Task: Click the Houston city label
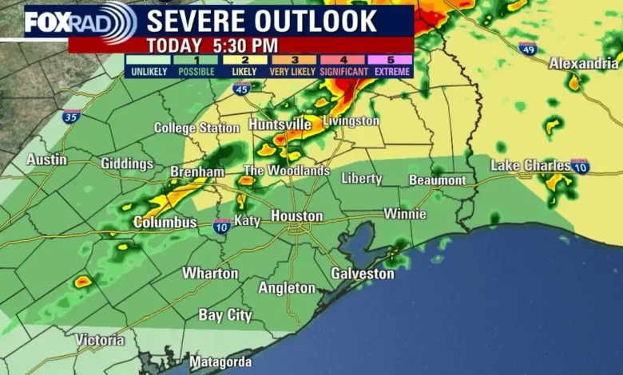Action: (x=297, y=216)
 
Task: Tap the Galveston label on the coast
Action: (x=363, y=274)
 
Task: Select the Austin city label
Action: (x=46, y=160)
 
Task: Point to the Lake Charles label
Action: (x=530, y=165)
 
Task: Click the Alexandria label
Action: (x=583, y=64)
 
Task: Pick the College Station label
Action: (x=196, y=128)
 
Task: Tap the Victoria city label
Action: (x=100, y=341)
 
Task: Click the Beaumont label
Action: (x=437, y=180)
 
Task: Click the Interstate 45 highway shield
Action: (x=242, y=89)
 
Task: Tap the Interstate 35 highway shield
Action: (x=72, y=116)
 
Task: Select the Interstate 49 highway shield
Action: (x=527, y=49)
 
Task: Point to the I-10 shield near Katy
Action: (x=222, y=226)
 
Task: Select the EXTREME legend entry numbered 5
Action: (x=391, y=65)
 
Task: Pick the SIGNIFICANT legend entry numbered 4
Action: (x=343, y=65)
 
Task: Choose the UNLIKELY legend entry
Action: (x=149, y=65)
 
